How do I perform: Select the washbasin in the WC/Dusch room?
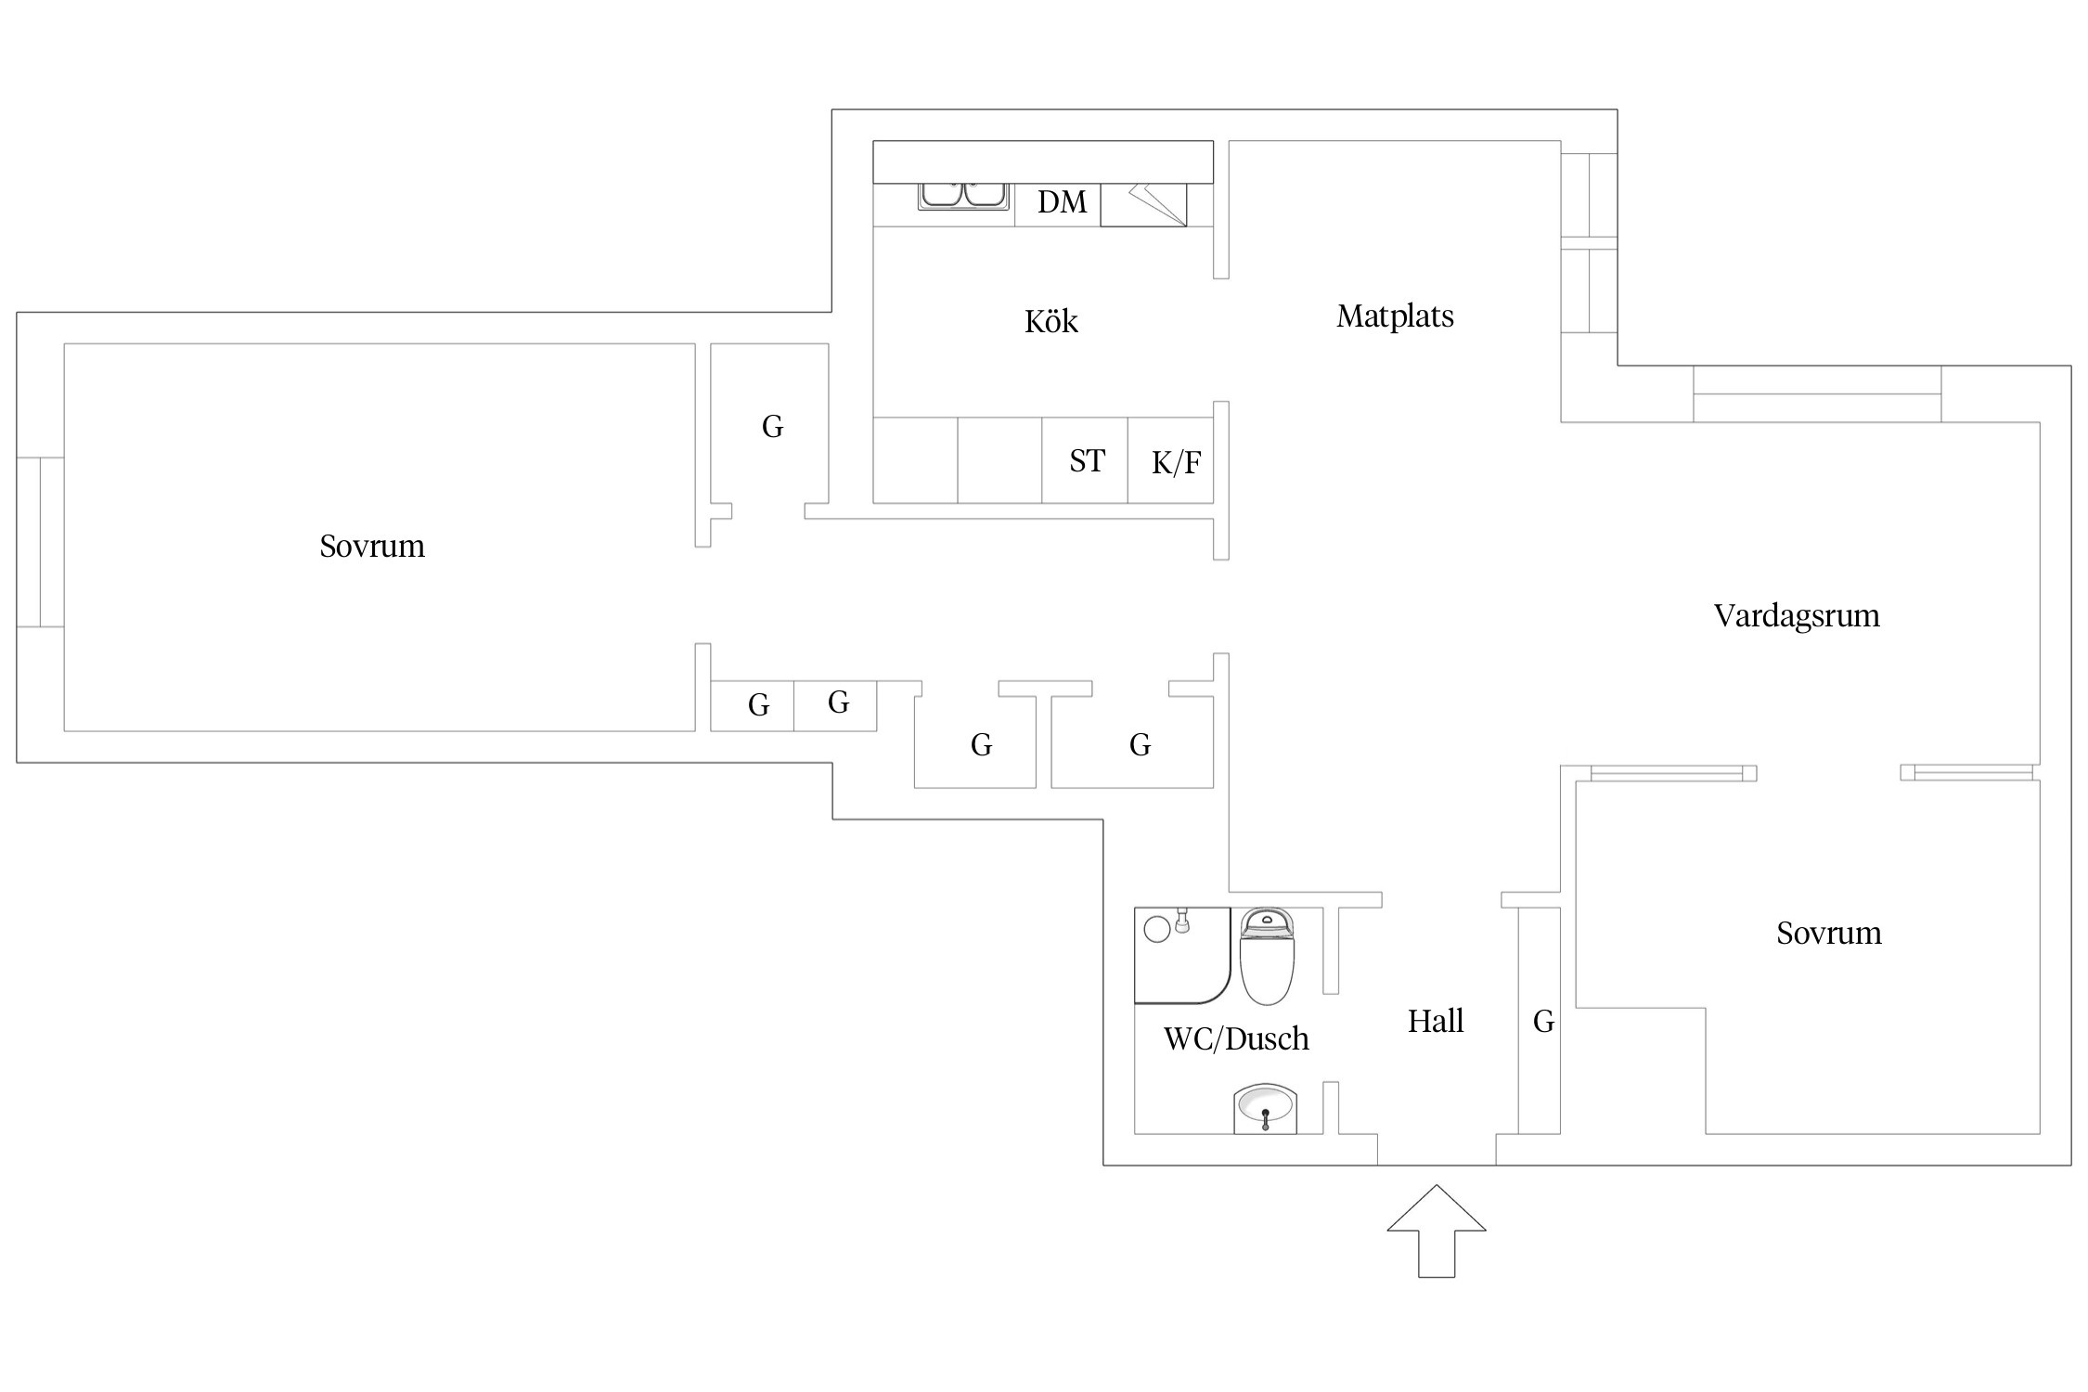1264,1108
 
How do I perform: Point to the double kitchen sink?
963,195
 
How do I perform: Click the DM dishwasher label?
1062,202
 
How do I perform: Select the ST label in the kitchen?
1087,461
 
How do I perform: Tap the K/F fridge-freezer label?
1176,463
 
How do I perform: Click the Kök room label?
1050,322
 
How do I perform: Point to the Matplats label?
1395,316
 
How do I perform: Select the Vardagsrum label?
1796,616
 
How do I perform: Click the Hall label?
1435,1022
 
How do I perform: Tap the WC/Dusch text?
1236,1038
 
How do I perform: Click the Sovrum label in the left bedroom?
372,546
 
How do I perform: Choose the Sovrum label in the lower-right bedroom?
1828,933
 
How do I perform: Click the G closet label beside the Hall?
1543,1022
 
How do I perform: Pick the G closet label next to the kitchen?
772,427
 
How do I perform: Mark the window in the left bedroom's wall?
41,542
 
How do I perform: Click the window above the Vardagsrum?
1816,394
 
